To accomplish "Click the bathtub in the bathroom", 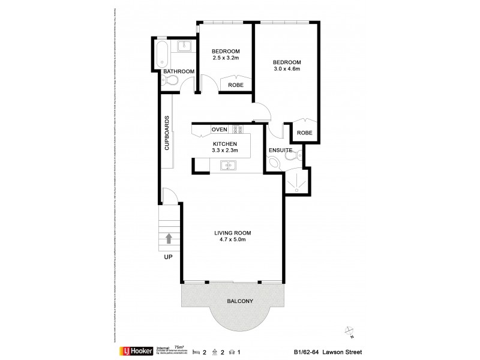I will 160,53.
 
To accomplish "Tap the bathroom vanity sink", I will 185,46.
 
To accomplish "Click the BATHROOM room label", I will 179,71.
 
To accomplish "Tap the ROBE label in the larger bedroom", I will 305,133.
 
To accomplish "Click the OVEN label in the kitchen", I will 219,130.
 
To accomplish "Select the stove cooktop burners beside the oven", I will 237,129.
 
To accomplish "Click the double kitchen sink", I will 228,166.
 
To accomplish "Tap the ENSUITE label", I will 280,149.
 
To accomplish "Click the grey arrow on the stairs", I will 169,239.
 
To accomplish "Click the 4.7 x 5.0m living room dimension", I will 232,239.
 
